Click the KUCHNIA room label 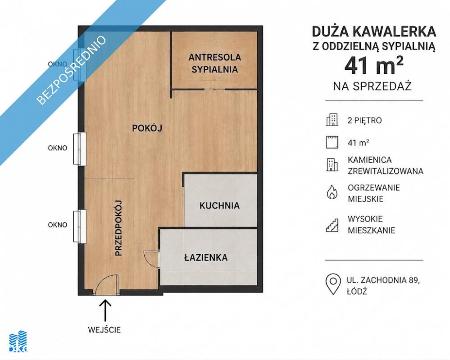(219, 206)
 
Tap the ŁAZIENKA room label (206, 258)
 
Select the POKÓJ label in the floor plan (147, 128)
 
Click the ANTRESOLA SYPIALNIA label (215, 63)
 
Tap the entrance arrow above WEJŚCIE (105, 310)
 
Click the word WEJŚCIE (104, 330)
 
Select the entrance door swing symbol (106, 284)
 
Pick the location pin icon (333, 284)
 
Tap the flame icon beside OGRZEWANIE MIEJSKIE (332, 192)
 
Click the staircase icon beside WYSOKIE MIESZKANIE (332, 225)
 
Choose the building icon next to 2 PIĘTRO (332, 120)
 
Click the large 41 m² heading (374, 65)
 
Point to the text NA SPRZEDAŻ (373, 86)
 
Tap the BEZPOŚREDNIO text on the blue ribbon (72, 70)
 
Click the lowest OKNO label (57, 225)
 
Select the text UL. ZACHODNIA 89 (383, 280)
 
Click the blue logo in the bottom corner (18, 342)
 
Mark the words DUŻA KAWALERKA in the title (374, 32)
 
